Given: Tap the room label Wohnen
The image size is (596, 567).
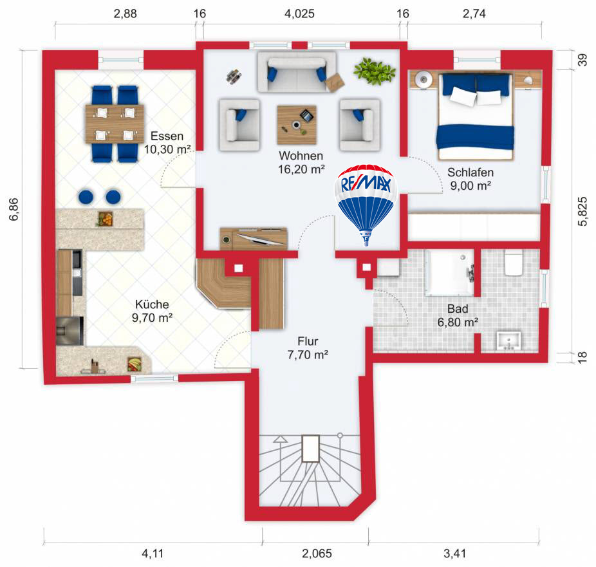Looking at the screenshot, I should coord(301,156).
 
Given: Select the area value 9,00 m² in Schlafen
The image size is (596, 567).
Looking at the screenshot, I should coord(470,185).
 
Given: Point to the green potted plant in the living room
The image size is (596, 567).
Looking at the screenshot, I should coord(374,71).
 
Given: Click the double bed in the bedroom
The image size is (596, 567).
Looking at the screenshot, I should coord(476,116).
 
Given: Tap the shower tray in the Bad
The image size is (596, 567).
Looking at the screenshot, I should coord(450,273).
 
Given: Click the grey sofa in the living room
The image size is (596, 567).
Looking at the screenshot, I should coord(296,72).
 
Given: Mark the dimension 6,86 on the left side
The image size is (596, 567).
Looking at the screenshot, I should coord(14,209).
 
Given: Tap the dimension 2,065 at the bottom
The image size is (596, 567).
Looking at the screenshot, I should coord(315,552).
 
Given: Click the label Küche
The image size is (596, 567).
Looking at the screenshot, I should coord(152,304).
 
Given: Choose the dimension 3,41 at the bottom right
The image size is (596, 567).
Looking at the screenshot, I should coord(454,552).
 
